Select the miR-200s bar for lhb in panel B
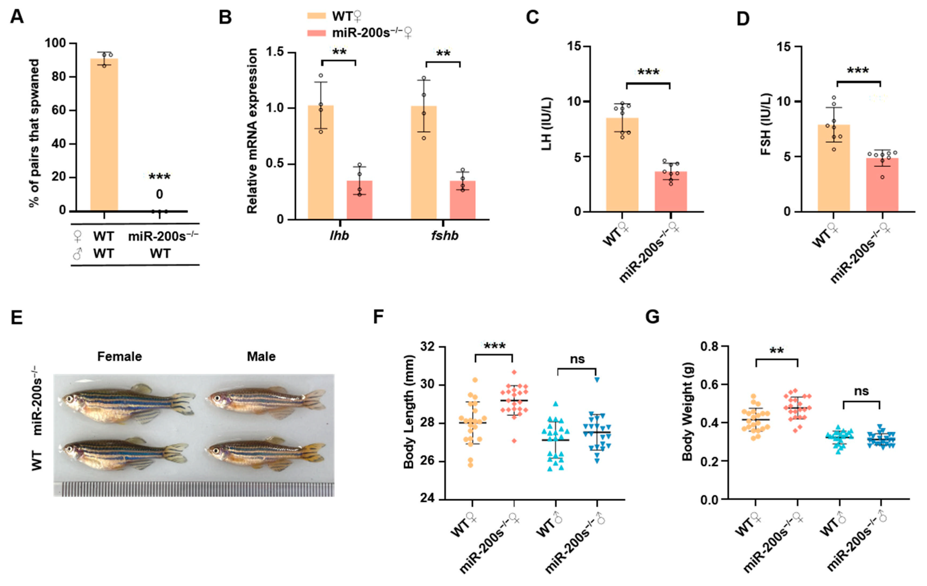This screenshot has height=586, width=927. (359, 200)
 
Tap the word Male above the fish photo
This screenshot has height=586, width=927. (261, 357)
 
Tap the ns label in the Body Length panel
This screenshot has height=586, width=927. (577, 359)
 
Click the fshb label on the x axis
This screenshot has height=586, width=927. (445, 235)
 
